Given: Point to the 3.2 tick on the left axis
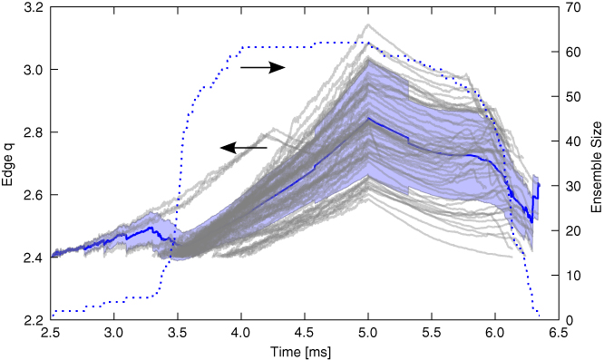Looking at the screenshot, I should coord(33,7).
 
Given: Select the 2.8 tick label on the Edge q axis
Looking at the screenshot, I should coord(33,132).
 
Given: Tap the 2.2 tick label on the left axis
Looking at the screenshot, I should coord(33,320).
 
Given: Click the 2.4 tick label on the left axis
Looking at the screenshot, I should coord(33,258).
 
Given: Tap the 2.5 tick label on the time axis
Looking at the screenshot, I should coord(50,334).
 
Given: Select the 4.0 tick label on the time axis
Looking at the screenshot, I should coord(241,334).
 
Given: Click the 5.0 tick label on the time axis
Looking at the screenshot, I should coord(368,334).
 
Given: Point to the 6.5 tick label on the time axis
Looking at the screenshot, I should coord(559,334).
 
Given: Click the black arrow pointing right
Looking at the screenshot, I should coord(263,67).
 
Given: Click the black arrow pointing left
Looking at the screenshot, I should coord(244,147).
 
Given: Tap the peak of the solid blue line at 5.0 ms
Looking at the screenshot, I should coord(368,118).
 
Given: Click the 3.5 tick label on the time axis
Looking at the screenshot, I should coord(178,334).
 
